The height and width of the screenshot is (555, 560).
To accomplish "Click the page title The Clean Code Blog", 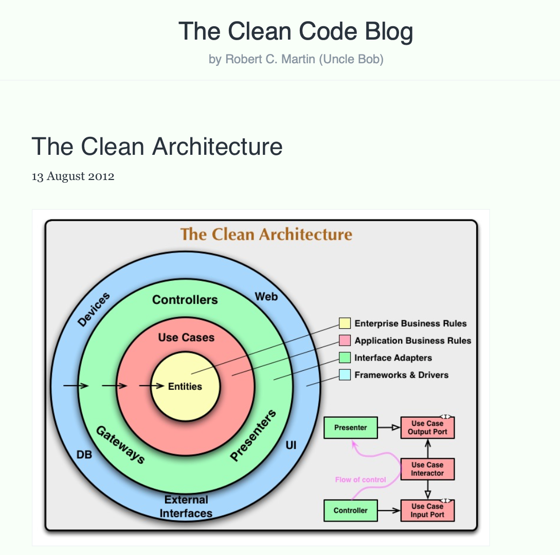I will tap(296, 31).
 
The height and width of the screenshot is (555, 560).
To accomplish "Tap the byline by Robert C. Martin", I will tap(296, 60).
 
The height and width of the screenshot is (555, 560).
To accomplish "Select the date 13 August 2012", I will tap(73, 176).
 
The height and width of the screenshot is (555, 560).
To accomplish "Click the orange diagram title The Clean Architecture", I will tap(266, 235).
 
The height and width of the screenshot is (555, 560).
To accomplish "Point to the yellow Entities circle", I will tap(185, 386).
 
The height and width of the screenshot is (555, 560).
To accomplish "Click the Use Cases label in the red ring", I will tap(186, 337).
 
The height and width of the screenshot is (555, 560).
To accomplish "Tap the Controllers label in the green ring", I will tap(185, 300).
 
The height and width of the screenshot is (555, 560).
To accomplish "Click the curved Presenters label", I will tap(253, 435).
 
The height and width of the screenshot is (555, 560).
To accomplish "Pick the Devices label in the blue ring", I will tap(94, 309).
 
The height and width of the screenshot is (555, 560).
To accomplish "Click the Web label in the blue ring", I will tap(266, 297).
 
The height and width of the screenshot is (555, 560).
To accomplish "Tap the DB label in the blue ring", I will tap(84, 455).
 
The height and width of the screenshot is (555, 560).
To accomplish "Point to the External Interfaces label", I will tap(186, 507).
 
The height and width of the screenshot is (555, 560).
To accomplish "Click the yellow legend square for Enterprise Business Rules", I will tap(345, 324).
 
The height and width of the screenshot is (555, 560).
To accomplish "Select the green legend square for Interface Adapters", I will tap(345, 357).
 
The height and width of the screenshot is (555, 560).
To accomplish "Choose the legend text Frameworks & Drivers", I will tap(401, 375).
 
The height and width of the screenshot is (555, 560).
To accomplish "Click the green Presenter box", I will tap(351, 427).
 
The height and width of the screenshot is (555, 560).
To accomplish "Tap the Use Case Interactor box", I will tap(427, 469).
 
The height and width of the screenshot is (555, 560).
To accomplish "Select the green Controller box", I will tap(351, 510).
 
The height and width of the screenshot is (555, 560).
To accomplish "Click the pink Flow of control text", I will tap(360, 480).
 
